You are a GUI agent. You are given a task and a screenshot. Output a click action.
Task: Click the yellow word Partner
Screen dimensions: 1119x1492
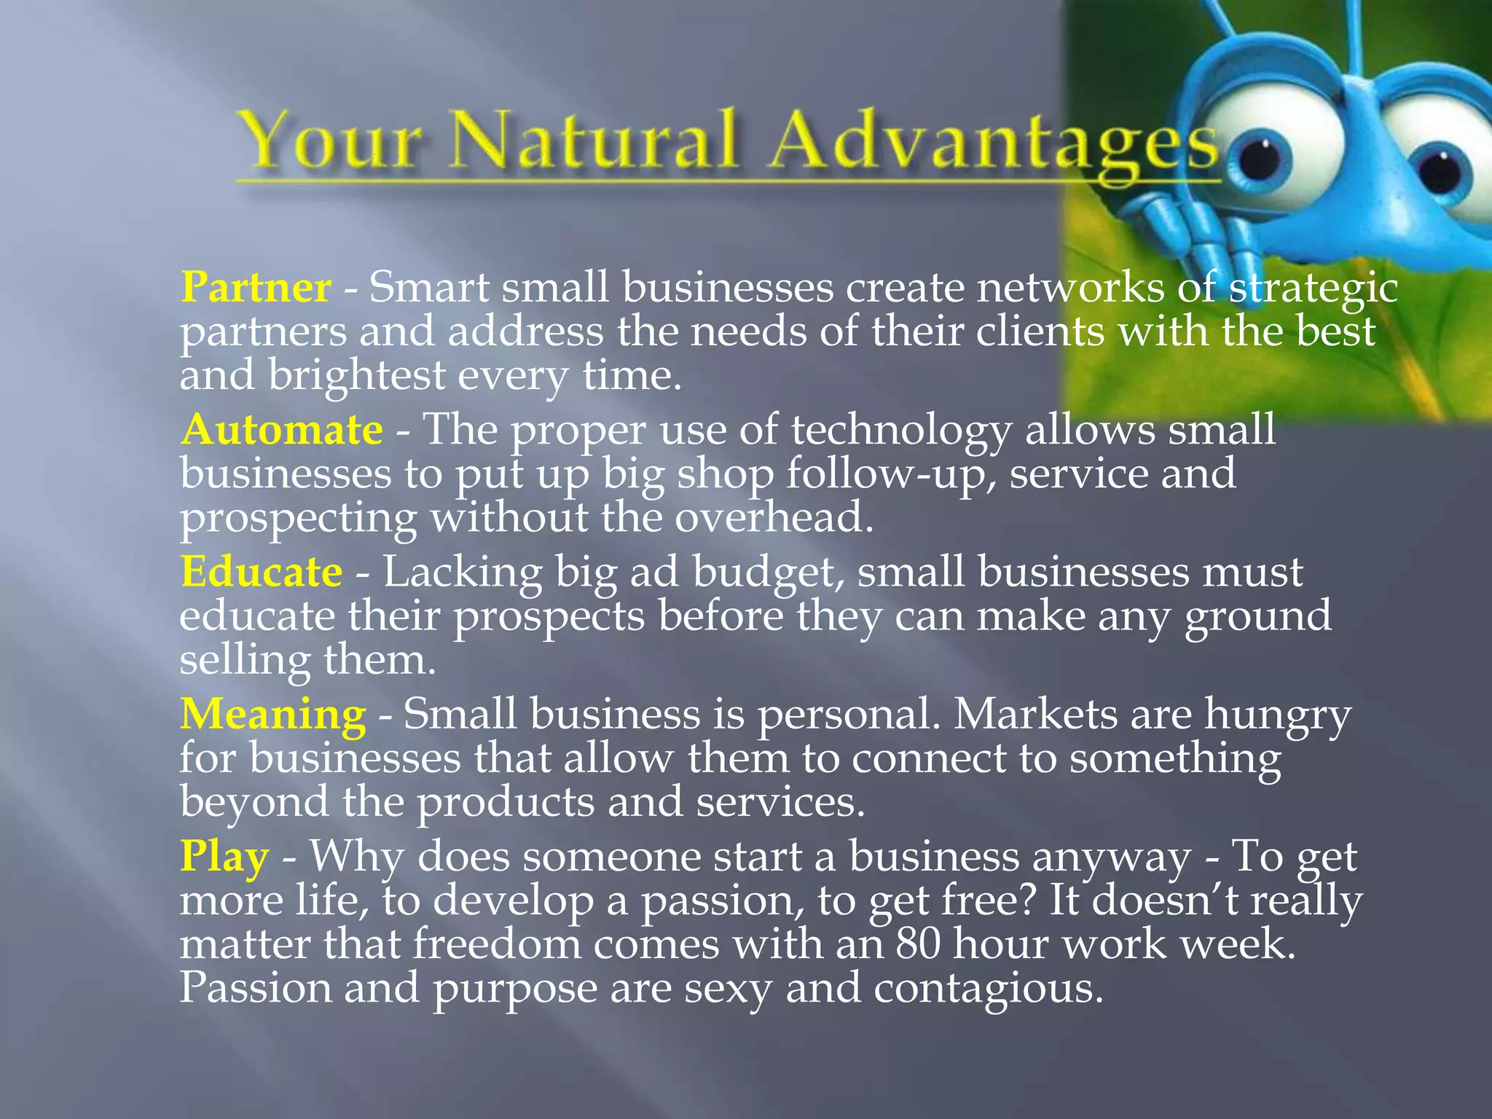tap(256, 288)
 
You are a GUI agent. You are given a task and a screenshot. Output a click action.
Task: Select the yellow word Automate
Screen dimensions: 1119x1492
tap(282, 430)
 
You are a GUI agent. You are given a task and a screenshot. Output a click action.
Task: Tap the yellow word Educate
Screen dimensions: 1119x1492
tap(262, 572)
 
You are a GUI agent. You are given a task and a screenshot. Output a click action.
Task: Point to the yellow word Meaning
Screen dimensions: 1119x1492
tap(273, 714)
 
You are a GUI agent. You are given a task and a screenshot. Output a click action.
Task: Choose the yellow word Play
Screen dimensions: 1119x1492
tap(224, 857)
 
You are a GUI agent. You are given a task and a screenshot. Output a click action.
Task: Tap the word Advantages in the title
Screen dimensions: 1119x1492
tap(994, 143)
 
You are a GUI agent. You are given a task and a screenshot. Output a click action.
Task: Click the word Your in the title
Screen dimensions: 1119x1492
tap(331, 141)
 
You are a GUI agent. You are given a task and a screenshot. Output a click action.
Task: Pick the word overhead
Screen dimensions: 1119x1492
tap(773, 518)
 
